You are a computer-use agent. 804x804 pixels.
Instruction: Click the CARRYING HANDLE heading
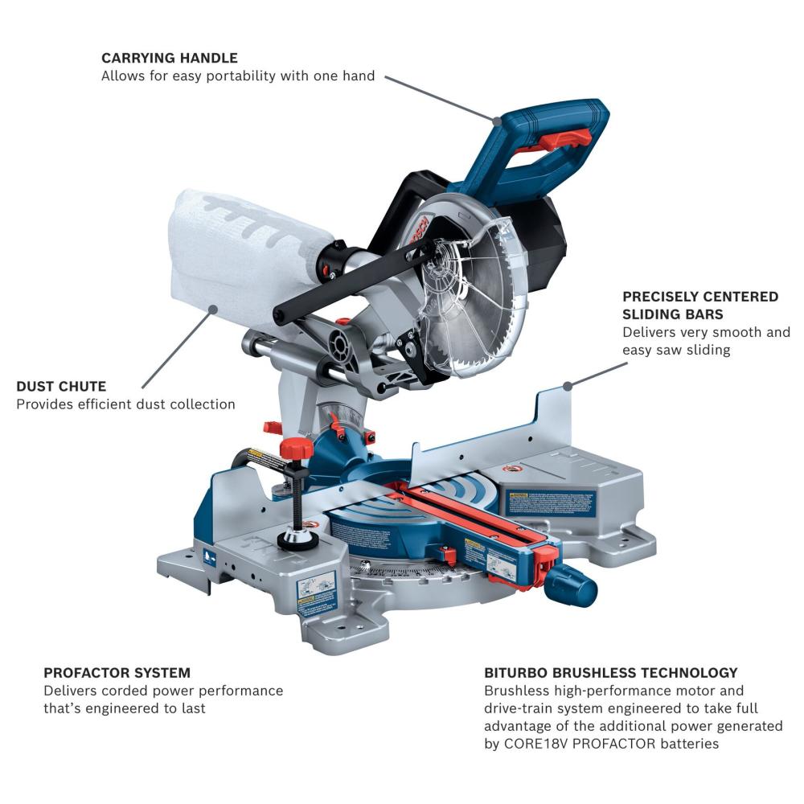click(169, 58)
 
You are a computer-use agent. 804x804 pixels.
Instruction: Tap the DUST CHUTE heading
click(61, 387)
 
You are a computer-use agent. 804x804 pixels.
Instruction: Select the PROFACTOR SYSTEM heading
click(117, 672)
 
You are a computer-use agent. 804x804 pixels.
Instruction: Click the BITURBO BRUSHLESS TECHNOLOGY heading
click(610, 672)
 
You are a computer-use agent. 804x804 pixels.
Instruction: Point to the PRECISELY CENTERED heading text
click(700, 297)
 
